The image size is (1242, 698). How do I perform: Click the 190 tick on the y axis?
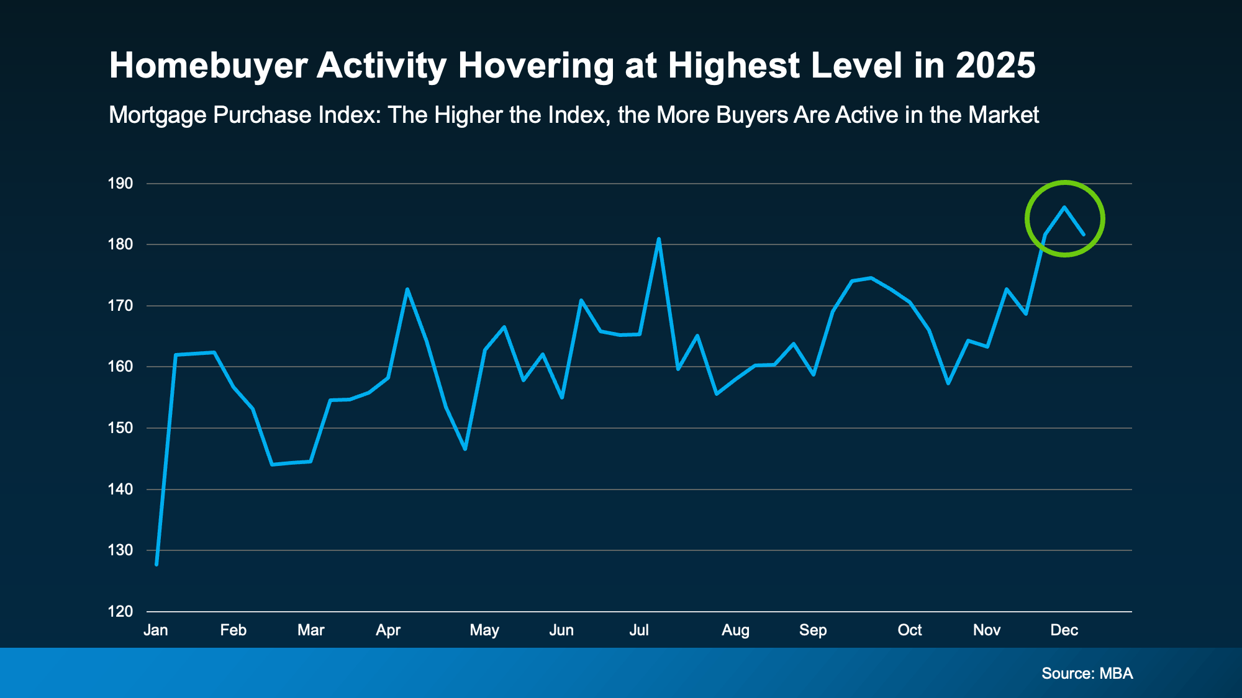click(x=120, y=184)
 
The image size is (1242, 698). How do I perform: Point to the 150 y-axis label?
click(x=120, y=428)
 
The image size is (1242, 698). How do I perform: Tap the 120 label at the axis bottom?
click(x=120, y=612)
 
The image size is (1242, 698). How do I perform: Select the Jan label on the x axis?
click(x=156, y=630)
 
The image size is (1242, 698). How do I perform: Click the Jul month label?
click(x=639, y=630)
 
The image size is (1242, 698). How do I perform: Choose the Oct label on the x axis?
click(x=910, y=630)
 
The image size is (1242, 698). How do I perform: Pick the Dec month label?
click(x=1064, y=630)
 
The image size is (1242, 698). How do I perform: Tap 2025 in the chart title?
click(x=995, y=66)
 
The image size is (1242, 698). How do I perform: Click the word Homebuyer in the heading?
click(x=208, y=66)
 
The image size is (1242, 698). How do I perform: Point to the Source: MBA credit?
click(x=1087, y=674)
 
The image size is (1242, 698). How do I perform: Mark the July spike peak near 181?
click(x=658, y=239)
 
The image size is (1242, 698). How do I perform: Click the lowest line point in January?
click(x=156, y=564)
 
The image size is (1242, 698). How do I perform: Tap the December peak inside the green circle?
click(x=1064, y=207)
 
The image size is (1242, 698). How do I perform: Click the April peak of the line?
click(x=407, y=289)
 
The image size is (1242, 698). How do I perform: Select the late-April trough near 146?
click(x=465, y=449)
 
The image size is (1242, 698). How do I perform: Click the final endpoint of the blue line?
click(x=1083, y=234)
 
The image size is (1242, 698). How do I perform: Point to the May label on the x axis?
click(x=484, y=630)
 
